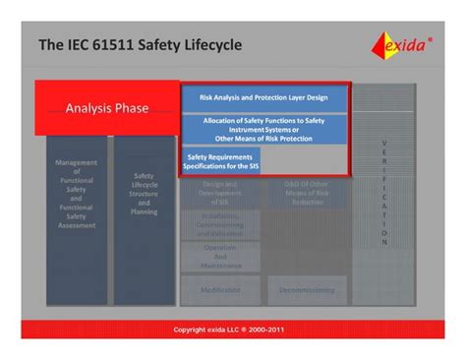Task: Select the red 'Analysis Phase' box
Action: [107, 108]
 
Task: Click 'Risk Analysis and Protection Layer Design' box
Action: [264, 98]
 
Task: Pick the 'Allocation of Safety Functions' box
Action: [264, 129]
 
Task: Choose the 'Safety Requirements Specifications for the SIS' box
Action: [220, 160]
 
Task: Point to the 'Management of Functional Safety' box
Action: [76, 194]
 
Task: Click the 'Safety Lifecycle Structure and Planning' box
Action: [145, 194]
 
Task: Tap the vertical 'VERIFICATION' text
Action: [384, 193]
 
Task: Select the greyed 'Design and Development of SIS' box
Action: [220, 193]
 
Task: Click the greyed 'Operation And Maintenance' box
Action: [220, 257]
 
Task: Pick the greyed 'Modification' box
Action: [220, 290]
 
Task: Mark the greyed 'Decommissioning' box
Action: [305, 290]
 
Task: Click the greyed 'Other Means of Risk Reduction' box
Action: [305, 193]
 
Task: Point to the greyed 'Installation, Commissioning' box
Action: [220, 225]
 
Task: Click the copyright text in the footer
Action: [233, 329]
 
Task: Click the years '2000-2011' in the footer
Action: [273, 329]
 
